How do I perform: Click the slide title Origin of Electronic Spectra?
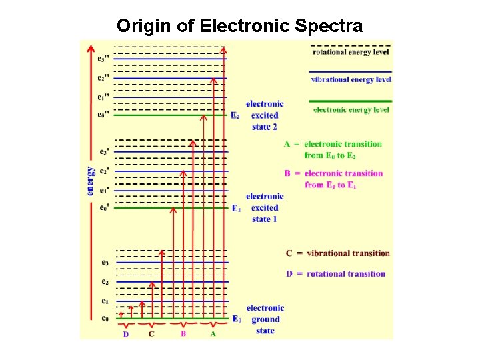pyautogui.click(x=240, y=26)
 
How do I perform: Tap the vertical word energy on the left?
pyautogui.click(x=91, y=180)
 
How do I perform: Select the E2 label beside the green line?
pyautogui.click(x=235, y=115)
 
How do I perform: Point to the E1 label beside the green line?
pyautogui.click(x=235, y=208)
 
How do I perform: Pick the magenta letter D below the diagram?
pyautogui.click(x=126, y=334)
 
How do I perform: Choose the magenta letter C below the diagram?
pyautogui.click(x=151, y=334)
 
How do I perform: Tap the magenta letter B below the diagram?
pyautogui.click(x=183, y=334)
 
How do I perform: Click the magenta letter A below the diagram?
pyautogui.click(x=213, y=334)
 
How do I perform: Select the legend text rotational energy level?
pyautogui.click(x=351, y=51)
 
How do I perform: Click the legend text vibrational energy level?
pyautogui.click(x=351, y=80)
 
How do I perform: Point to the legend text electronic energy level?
pyautogui.click(x=351, y=110)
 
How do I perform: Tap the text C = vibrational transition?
pyautogui.click(x=337, y=253)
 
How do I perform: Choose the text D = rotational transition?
pyautogui.click(x=335, y=273)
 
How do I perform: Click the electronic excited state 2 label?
pyautogui.click(x=265, y=115)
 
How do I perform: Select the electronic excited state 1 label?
pyautogui.click(x=265, y=207)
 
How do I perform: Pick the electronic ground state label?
pyautogui.click(x=265, y=319)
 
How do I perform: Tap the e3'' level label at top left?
pyautogui.click(x=103, y=59)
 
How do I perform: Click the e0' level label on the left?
pyautogui.click(x=103, y=207)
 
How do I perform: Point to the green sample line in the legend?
pyautogui.click(x=351, y=101)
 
